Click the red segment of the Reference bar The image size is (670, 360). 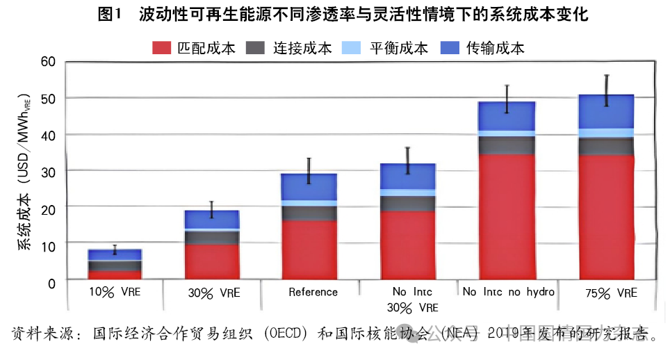pos(309,249)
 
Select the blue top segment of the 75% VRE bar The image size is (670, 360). pos(606,111)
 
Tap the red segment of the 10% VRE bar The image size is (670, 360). pos(115,275)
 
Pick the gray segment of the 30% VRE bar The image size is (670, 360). pos(212,237)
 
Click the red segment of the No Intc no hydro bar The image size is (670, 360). pos(507,216)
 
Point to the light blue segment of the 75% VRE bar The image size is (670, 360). pos(606,133)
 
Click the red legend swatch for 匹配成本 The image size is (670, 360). pos(161,48)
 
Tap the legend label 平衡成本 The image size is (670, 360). pos(398,48)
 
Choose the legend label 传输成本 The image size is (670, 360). pos(495,48)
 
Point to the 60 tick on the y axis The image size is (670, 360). pos(47,61)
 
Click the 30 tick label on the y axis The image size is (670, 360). pos(47,170)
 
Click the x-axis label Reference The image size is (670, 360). pos(313,292)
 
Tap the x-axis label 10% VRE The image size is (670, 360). pos(115,292)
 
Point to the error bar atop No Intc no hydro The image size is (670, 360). pos(507,99)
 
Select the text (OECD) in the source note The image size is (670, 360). pos(280,334)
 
